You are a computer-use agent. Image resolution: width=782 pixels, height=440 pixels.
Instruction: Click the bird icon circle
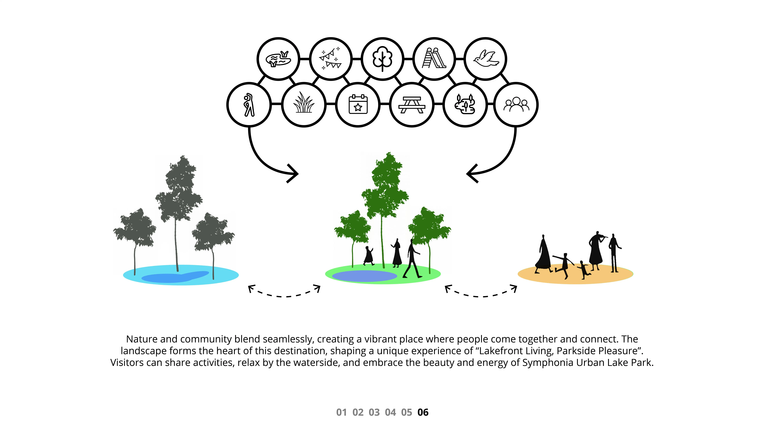coord(485,59)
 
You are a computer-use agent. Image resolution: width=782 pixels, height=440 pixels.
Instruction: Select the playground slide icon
coord(434,59)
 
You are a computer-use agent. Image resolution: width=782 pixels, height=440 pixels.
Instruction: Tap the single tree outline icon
coord(382,59)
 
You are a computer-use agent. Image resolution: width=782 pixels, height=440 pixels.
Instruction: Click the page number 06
coord(423,412)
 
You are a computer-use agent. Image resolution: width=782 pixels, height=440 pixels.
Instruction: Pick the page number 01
coord(342,412)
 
